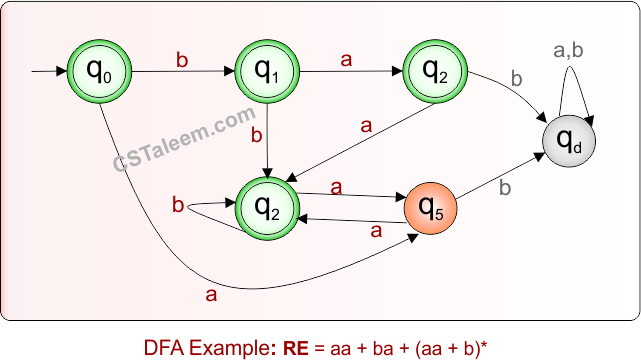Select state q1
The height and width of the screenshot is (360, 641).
tap(267, 71)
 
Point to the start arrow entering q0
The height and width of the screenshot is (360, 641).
tap(48, 72)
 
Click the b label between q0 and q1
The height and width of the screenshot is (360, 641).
tap(182, 60)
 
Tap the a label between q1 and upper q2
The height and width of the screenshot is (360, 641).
tap(347, 60)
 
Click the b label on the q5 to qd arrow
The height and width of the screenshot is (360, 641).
tap(505, 187)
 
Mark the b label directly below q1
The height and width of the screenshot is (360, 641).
tap(256, 133)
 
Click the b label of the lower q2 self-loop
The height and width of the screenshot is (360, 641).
tap(178, 206)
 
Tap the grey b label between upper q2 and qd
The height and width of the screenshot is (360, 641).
tap(517, 78)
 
